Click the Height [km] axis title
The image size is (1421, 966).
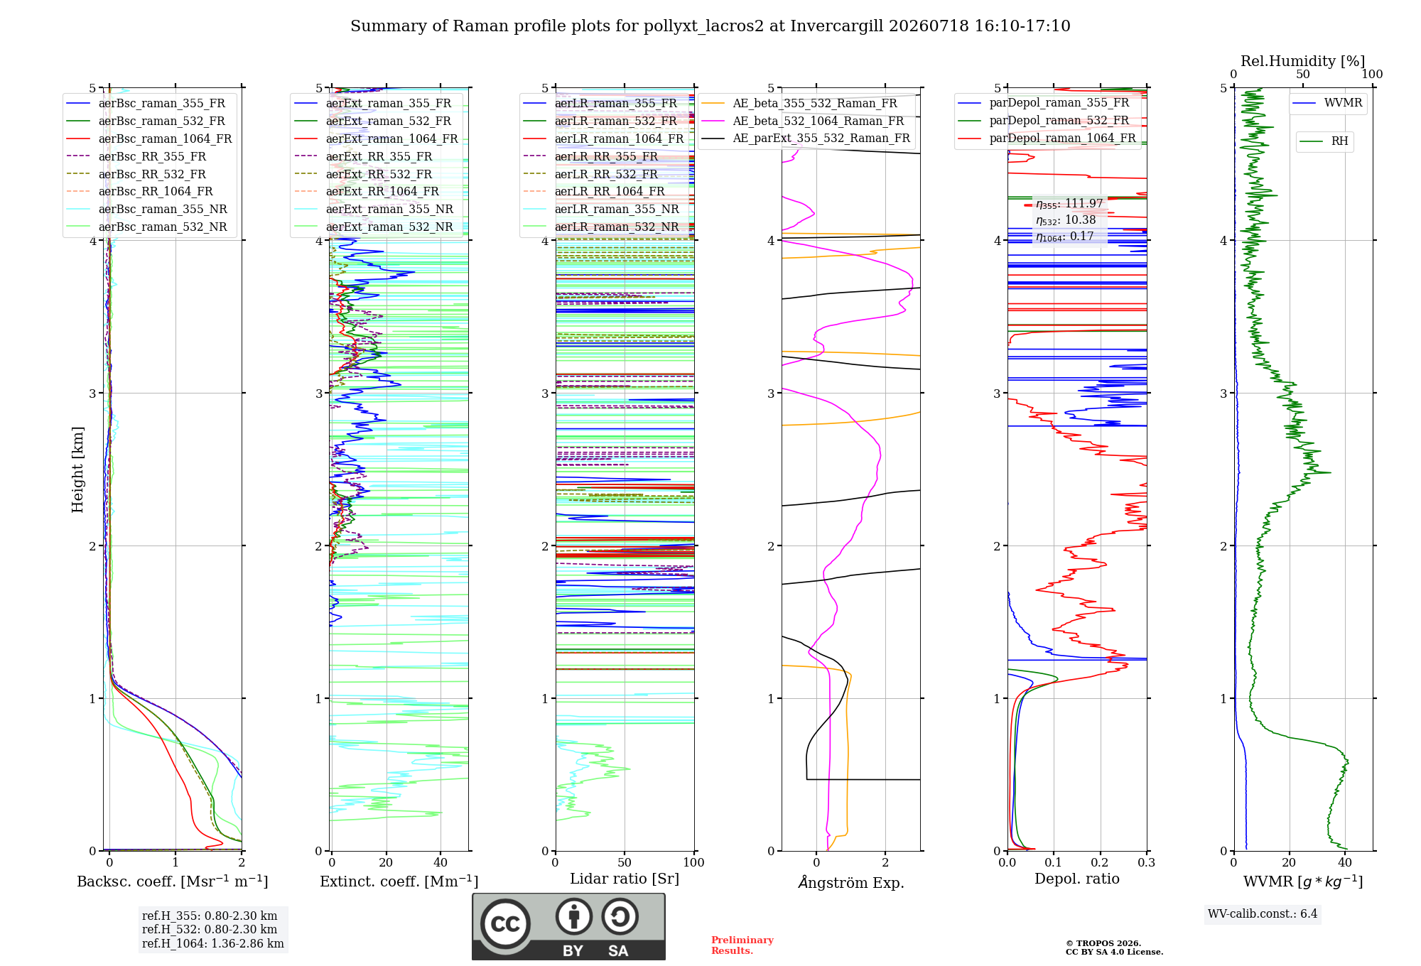77,470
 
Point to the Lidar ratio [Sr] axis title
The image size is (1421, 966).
625,879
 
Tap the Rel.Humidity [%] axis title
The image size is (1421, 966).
1303,61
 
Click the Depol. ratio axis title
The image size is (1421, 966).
1077,879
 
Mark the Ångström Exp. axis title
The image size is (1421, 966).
851,882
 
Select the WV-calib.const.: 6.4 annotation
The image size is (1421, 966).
1263,913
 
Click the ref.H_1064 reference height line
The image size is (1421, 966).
213,943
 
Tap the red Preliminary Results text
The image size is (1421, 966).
742,945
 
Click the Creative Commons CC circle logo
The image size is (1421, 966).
505,923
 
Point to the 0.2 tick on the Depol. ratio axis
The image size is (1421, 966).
1100,862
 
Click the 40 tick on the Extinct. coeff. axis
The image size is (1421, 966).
441,862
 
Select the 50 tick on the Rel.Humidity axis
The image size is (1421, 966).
1303,75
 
